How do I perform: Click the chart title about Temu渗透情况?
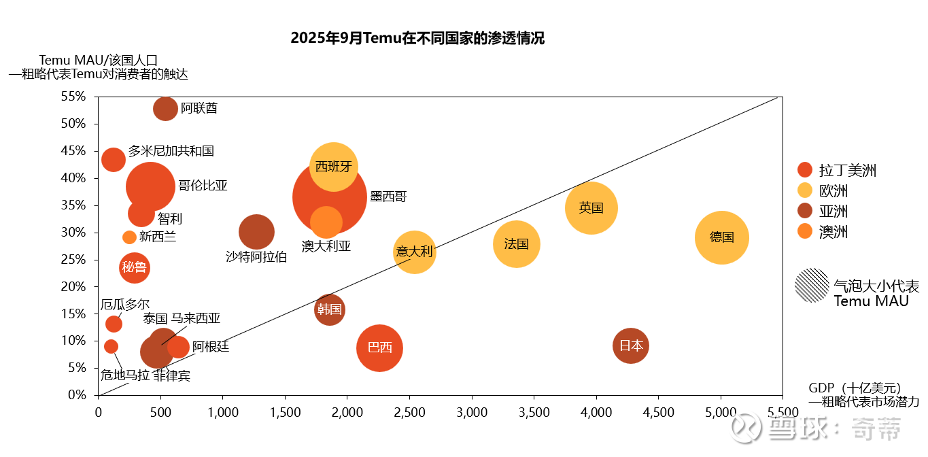point(417,38)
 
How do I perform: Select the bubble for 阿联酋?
point(165,108)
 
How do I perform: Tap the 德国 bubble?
point(721,237)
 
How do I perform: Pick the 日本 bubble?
point(631,345)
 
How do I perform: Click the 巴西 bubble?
point(379,348)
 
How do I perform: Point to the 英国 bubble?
point(591,208)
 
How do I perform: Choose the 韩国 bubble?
point(329,310)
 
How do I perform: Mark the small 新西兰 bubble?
point(129,237)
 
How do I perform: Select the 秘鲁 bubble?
point(134,268)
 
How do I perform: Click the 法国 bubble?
point(517,244)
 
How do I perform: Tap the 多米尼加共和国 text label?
point(171,151)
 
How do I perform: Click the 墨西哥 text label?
point(388,197)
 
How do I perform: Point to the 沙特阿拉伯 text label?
point(256,256)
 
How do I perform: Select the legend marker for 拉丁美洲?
point(805,170)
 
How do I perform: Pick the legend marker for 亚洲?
point(805,211)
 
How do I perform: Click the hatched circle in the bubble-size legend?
point(812,285)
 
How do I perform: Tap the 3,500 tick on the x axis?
point(534,412)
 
